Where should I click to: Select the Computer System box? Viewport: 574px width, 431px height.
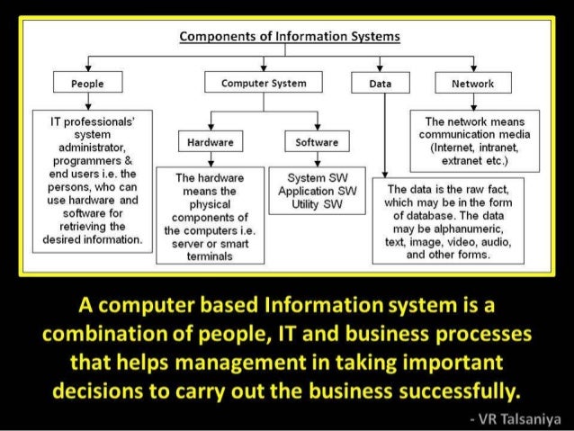click(263, 83)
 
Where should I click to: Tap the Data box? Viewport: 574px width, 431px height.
click(380, 84)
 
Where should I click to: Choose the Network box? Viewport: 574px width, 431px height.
click(472, 84)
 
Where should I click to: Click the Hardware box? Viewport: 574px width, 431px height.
click(211, 142)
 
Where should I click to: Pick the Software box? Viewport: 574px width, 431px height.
click(317, 142)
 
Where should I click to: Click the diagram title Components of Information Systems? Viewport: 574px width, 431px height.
click(290, 37)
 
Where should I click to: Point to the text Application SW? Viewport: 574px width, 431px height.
click(317, 192)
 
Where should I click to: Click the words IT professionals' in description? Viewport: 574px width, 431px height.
click(85, 120)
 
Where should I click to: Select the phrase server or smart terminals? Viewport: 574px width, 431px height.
click(210, 249)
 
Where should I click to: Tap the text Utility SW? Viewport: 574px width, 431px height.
click(317, 204)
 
